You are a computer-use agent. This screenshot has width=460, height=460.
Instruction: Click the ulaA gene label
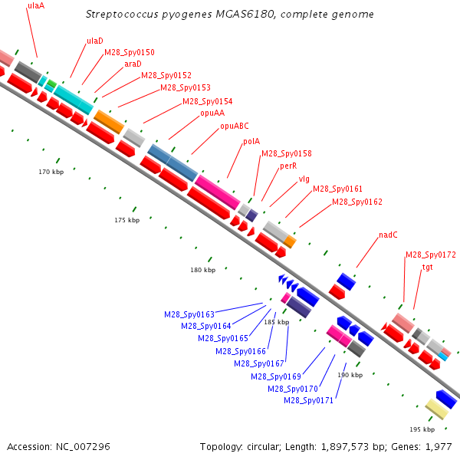tap(36, 6)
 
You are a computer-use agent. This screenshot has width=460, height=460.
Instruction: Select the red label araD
tap(133, 64)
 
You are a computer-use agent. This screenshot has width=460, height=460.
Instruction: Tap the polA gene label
tap(251, 141)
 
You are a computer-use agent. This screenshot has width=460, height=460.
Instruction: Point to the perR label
tap(288, 166)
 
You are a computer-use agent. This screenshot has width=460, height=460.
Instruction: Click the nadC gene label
tap(388, 235)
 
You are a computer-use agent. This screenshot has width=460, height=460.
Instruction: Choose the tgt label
tap(427, 268)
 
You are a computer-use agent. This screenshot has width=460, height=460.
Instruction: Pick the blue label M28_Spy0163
tap(189, 314)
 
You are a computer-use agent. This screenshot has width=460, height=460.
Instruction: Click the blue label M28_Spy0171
tap(309, 400)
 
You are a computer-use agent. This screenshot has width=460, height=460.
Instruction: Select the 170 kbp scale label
tap(51, 172)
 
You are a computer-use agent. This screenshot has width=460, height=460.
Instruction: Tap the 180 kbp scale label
tap(202, 270)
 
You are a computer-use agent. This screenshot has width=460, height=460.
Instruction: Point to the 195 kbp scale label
tap(422, 429)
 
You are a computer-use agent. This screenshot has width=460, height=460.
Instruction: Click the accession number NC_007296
tap(83, 447)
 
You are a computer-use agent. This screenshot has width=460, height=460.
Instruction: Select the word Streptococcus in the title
tap(122, 15)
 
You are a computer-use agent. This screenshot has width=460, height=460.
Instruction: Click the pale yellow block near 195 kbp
tap(437, 409)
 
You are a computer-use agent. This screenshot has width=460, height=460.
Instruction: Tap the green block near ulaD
tap(52, 84)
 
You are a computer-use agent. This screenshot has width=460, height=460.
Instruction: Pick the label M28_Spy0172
tap(431, 255)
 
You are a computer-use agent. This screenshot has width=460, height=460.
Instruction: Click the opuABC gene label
tap(235, 127)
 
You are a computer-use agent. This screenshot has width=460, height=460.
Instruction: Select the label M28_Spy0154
tap(208, 101)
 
